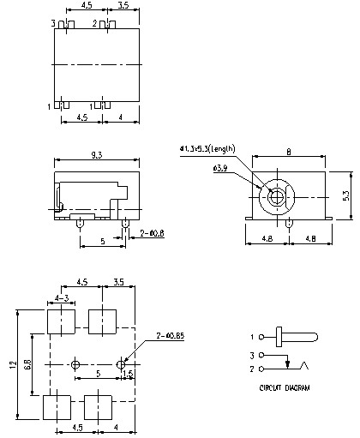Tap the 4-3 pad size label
(62, 297)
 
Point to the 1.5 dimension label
(129, 374)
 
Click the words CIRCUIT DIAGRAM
(284, 387)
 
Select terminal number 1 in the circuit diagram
(251, 336)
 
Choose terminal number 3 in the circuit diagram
(251, 354)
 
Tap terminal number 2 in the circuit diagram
(251, 369)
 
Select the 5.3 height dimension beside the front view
(345, 196)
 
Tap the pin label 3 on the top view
(52, 23)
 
